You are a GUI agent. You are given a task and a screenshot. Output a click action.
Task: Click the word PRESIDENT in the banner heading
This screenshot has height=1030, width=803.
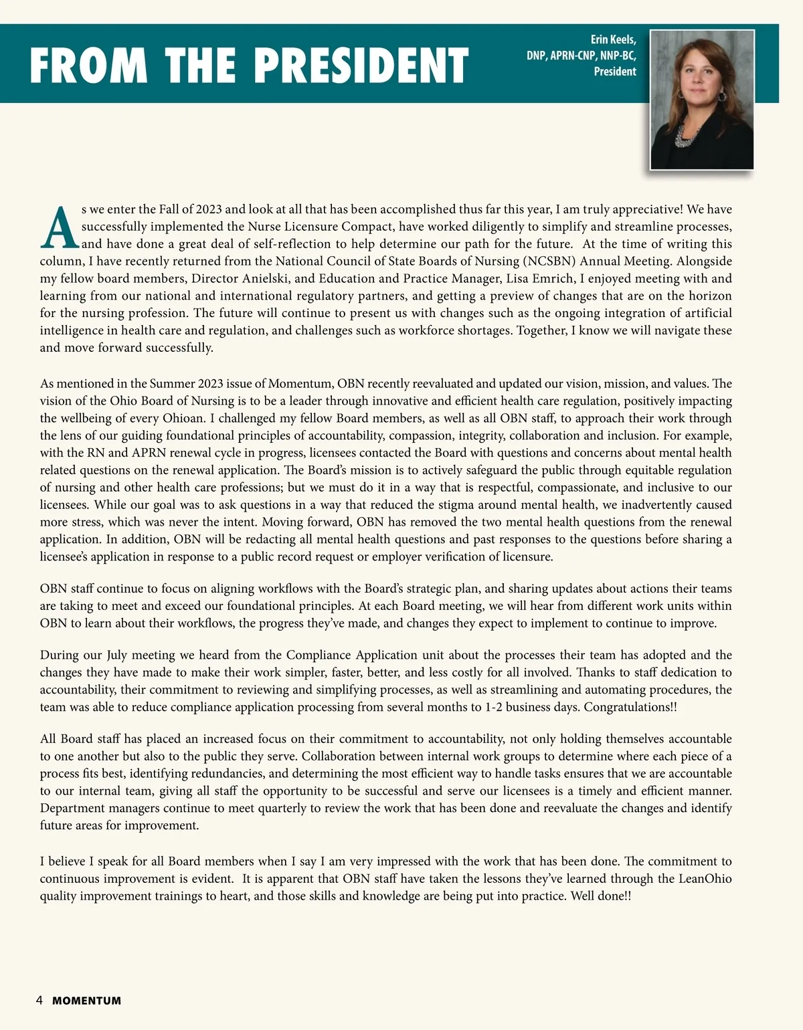pos(362,66)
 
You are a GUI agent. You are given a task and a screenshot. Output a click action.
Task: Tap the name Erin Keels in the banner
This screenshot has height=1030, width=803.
pos(613,40)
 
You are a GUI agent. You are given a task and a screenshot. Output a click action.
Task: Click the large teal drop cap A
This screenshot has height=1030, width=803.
pos(59,227)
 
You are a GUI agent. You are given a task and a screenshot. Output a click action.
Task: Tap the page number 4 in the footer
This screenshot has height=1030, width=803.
pos(39,1001)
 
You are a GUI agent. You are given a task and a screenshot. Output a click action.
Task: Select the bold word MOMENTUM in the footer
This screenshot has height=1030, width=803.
pos(87,1001)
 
